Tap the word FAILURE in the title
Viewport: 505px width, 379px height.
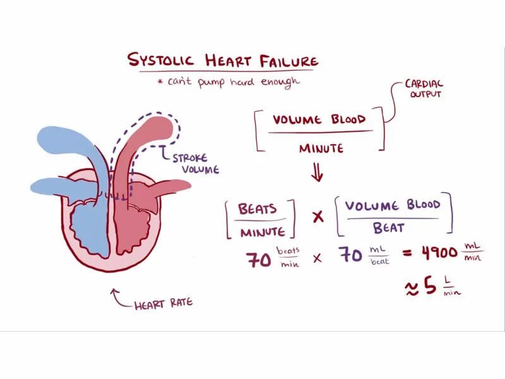pyautogui.click(x=291, y=61)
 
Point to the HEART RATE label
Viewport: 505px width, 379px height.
pyautogui.click(x=163, y=304)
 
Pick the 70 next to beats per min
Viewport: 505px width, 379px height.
pyautogui.click(x=259, y=258)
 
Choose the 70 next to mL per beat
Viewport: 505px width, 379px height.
pyautogui.click(x=351, y=256)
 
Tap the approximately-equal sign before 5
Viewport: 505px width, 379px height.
pyautogui.click(x=411, y=289)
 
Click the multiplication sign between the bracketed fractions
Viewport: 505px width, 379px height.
pyautogui.click(x=318, y=217)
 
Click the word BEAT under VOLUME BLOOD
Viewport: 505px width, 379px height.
pyautogui.click(x=388, y=227)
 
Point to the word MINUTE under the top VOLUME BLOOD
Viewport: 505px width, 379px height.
pyautogui.click(x=321, y=148)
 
